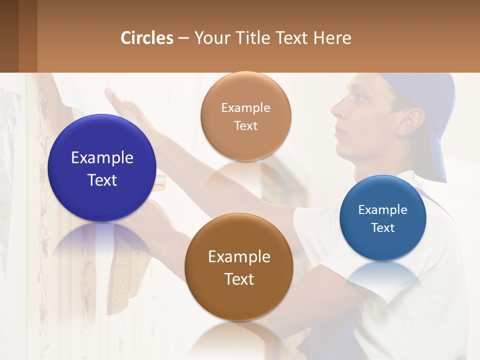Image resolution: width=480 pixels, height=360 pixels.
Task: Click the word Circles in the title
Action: click(x=147, y=38)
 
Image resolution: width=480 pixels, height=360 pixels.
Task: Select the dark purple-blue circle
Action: click(x=102, y=168)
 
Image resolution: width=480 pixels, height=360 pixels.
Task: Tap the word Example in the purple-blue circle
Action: click(x=102, y=157)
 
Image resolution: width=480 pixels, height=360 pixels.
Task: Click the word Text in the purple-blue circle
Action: click(x=102, y=180)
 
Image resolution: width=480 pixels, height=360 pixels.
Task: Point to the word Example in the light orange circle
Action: click(x=245, y=107)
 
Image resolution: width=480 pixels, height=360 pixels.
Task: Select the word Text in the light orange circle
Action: click(x=245, y=125)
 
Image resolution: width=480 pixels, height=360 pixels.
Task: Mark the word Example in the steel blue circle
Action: click(x=383, y=209)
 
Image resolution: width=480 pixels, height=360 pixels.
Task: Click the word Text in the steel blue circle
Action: click(x=383, y=228)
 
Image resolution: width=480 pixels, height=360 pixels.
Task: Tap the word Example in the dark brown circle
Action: click(x=239, y=256)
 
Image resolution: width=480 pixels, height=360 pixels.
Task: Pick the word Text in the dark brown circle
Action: click(x=239, y=279)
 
